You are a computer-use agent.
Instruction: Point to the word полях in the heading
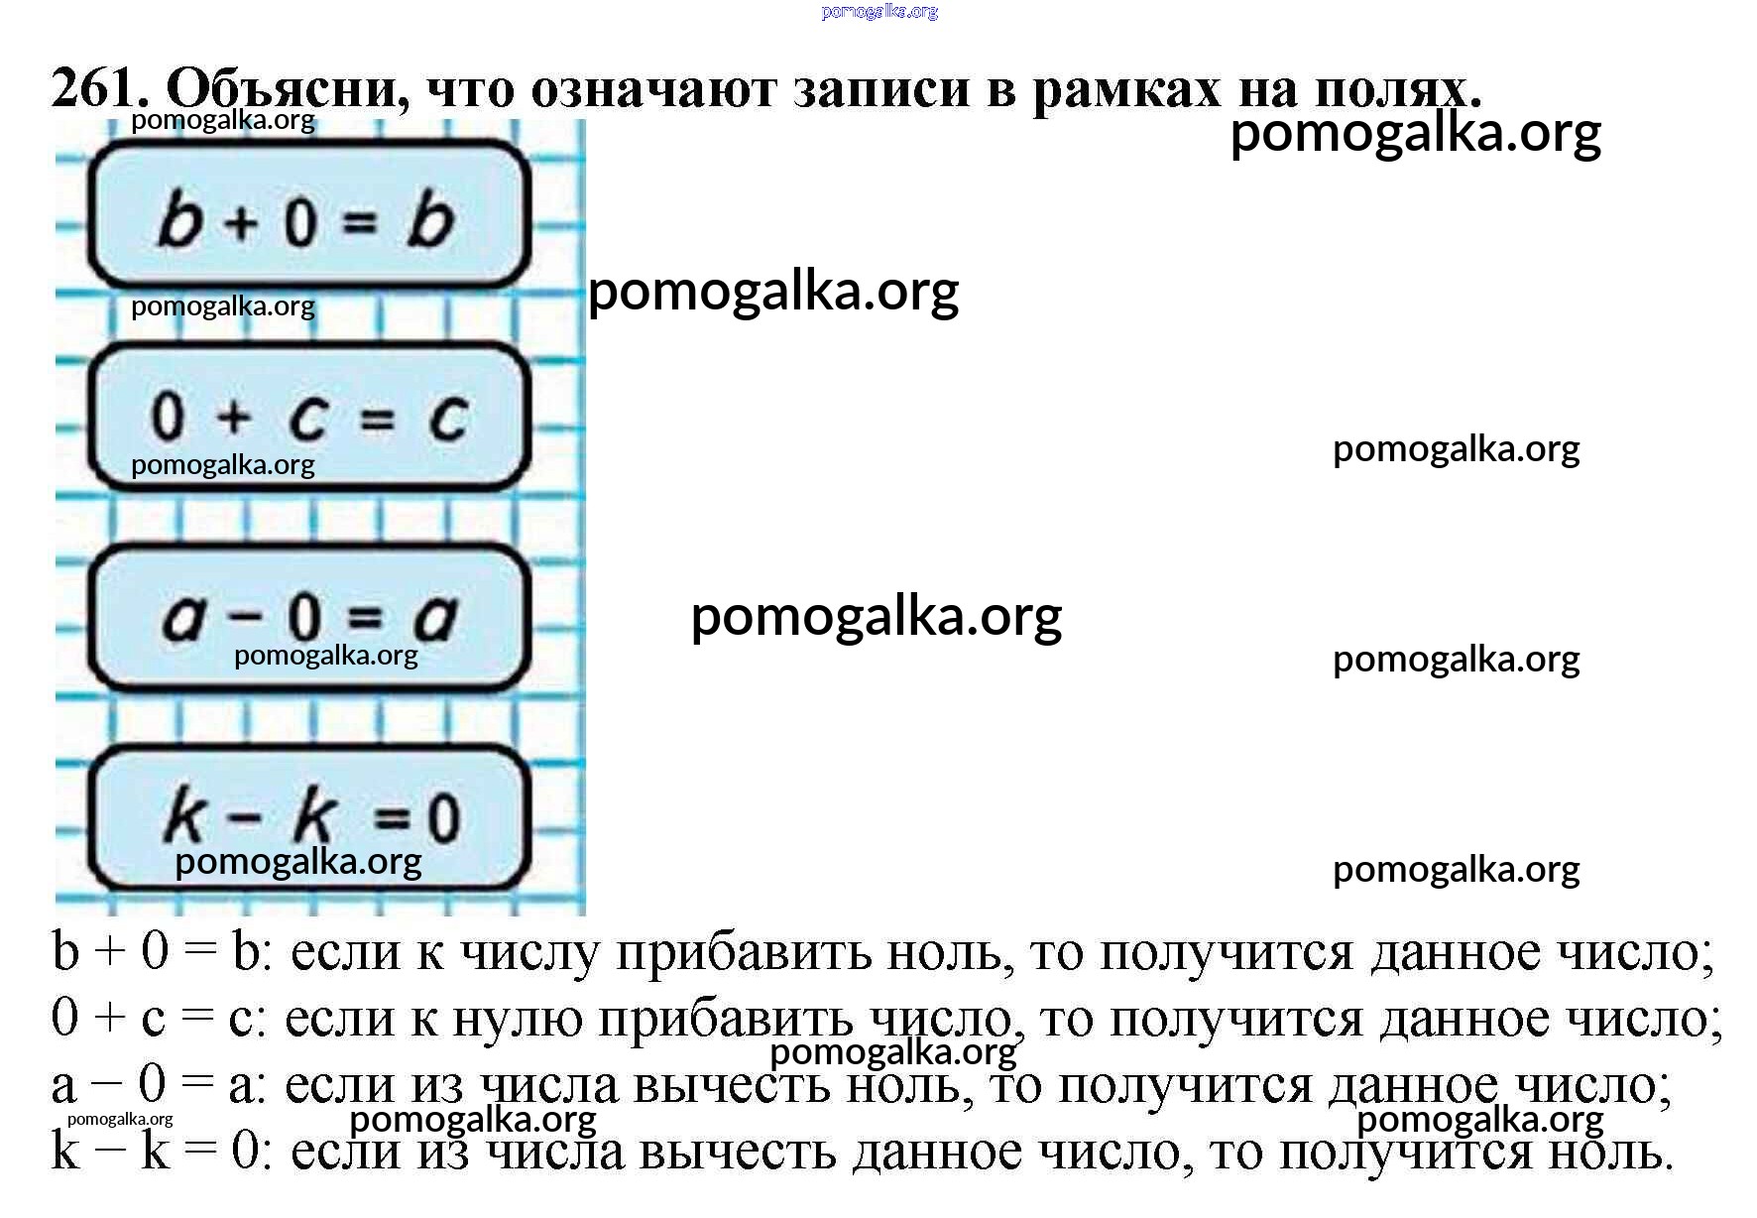click(x=1397, y=89)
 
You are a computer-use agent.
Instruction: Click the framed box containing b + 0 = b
click(x=308, y=214)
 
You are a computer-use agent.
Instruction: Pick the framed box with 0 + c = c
click(x=308, y=416)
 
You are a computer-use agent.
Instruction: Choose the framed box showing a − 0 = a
click(x=308, y=616)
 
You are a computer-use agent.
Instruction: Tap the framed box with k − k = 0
click(x=308, y=817)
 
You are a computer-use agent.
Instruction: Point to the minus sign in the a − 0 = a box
click(x=243, y=618)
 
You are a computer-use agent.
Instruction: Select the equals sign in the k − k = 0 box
click(x=393, y=819)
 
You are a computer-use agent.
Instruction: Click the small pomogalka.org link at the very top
click(x=879, y=12)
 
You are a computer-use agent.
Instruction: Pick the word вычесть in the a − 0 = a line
click(x=731, y=1086)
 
